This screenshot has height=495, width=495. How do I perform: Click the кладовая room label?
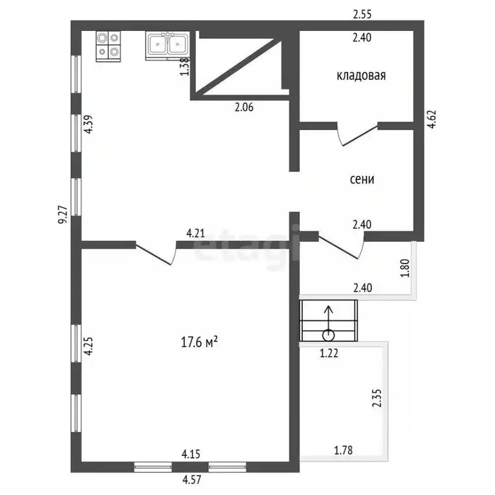coord(361,76)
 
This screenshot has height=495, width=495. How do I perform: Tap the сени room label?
coord(362,179)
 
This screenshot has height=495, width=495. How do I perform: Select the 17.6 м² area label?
coord(199,342)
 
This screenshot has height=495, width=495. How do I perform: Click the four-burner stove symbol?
coord(108,46)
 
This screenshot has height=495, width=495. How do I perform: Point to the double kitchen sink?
coord(168,45)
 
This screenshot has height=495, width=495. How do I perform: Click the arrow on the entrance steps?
coord(329,321)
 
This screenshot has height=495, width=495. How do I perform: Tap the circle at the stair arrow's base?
coord(329,335)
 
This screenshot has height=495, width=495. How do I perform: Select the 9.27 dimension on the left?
coord(63,215)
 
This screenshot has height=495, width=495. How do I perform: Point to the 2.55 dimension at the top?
coord(362,15)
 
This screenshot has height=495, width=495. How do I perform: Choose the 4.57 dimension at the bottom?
coord(191,480)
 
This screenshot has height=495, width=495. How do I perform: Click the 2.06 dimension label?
coord(244,108)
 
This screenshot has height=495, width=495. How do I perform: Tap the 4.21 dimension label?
coord(196,233)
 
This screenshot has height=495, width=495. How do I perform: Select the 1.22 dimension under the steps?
coord(329,353)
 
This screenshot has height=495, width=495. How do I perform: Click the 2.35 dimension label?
coord(377,398)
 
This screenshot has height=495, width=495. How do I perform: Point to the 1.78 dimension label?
coord(344,450)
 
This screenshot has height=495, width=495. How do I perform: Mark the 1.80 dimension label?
coord(405,268)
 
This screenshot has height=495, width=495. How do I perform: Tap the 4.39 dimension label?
coord(88,124)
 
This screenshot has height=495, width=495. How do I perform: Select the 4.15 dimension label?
coord(191,454)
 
